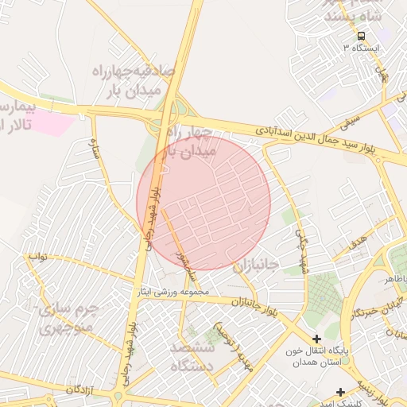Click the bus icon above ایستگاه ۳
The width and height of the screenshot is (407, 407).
[362, 37]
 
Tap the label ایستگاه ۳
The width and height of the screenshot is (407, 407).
[362, 48]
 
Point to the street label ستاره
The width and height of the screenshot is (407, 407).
[99, 148]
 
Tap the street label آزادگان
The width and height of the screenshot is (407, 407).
[81, 389]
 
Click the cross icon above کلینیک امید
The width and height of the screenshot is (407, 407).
[341, 392]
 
